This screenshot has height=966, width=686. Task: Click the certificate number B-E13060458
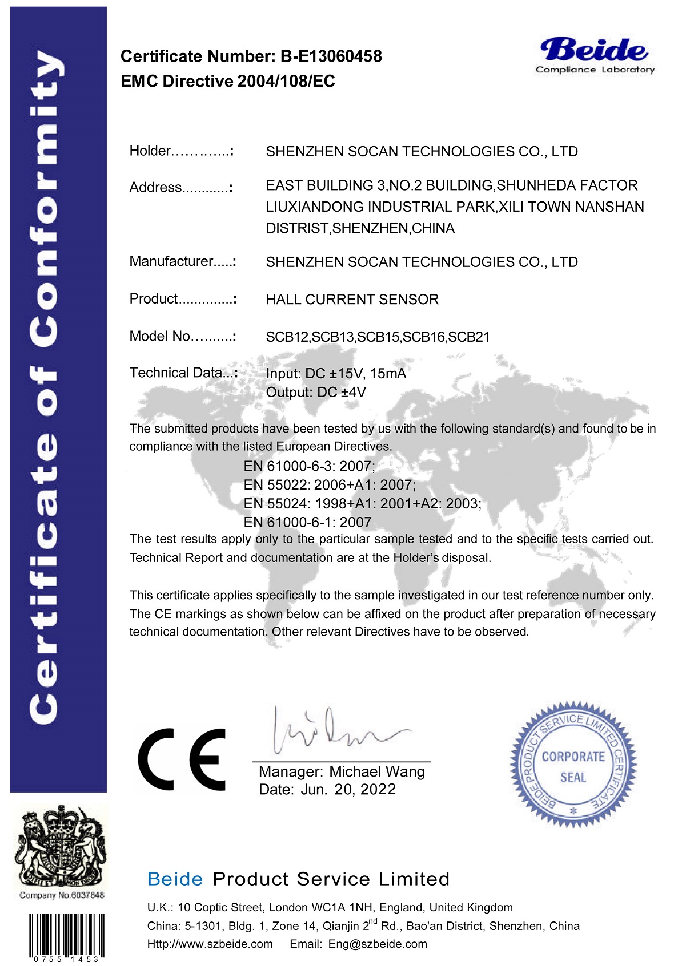[x=331, y=56]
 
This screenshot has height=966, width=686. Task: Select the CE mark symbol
[x=182, y=759]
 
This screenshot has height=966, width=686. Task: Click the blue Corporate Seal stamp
[x=573, y=765]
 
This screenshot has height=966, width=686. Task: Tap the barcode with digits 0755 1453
[x=66, y=936]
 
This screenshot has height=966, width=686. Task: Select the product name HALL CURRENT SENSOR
[x=352, y=300]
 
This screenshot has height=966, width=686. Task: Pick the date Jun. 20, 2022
[x=348, y=790]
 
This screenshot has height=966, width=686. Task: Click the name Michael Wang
[x=377, y=772]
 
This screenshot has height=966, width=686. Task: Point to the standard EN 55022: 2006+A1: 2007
[x=330, y=485]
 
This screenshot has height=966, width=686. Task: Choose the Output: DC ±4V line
[x=316, y=393]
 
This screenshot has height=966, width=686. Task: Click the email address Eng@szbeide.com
[x=378, y=944]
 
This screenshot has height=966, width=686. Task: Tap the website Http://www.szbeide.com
[x=210, y=944]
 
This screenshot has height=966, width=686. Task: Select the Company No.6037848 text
[x=62, y=895]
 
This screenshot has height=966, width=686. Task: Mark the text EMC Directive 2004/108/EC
[x=227, y=82]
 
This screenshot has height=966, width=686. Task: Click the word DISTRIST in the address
[x=297, y=229]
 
